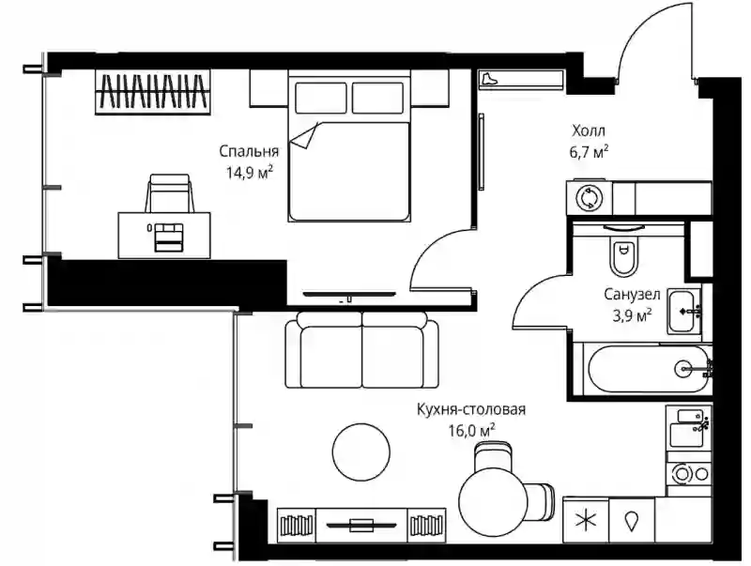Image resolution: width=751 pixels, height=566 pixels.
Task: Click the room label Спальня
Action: [249, 152]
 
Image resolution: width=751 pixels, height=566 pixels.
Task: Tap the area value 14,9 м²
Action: [250, 172]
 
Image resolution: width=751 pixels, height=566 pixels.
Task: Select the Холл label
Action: [589, 130]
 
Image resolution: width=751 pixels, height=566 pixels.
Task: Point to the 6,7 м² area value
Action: [589, 152]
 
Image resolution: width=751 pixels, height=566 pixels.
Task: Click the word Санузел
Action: [632, 295]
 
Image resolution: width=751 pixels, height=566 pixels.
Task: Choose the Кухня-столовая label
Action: [471, 409]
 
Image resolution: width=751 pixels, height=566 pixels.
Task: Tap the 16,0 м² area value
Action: [471, 430]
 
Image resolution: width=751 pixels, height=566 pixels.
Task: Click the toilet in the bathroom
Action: [623, 252]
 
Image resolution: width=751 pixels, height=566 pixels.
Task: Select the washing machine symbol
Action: [589, 198]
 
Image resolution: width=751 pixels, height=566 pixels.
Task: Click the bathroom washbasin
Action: [684, 311]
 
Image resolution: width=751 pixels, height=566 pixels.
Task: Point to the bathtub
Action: [647, 369]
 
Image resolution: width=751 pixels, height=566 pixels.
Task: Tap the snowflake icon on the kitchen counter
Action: [585, 521]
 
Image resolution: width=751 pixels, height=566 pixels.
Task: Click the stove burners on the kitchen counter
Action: [689, 474]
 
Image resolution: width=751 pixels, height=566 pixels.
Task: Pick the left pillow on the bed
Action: [320, 98]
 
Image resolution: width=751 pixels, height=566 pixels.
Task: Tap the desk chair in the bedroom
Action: [170, 193]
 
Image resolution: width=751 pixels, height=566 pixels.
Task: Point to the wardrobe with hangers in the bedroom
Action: [153, 92]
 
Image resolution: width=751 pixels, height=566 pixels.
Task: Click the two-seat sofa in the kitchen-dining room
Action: [361, 349]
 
